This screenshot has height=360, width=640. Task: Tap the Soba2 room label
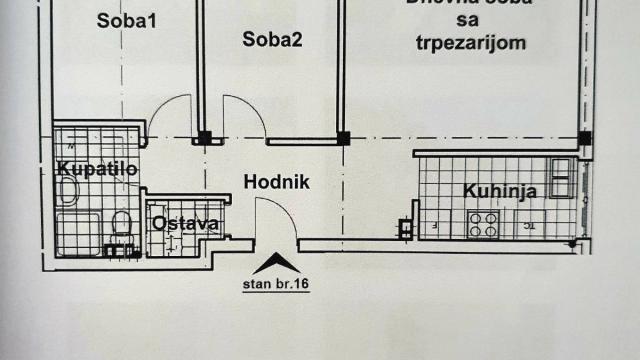pos(272,40)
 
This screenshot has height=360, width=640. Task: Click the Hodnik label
pos(277,183)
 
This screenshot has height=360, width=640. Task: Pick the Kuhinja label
pos(500,191)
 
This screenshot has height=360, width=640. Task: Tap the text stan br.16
pos(276,283)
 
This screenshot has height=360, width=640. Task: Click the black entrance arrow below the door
pos(276,264)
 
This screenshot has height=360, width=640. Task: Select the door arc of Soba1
pos(170,112)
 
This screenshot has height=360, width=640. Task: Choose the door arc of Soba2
pos(245,112)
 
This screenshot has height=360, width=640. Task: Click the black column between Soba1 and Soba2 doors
pos(203,138)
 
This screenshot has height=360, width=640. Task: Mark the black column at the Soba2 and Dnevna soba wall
pos(343,138)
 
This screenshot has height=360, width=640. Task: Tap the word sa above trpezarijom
pos(468,21)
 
